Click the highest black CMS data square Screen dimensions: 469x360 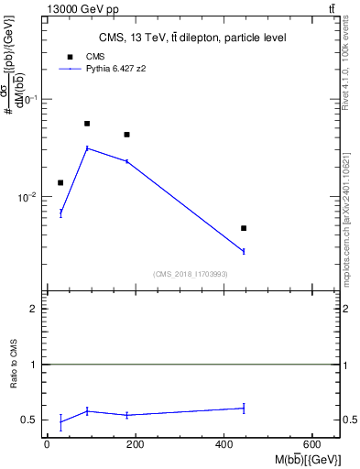point(87,124)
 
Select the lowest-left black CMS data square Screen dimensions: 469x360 point(60,182)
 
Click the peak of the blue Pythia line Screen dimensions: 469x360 point(87,147)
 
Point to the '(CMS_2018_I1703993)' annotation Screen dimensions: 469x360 point(190,274)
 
